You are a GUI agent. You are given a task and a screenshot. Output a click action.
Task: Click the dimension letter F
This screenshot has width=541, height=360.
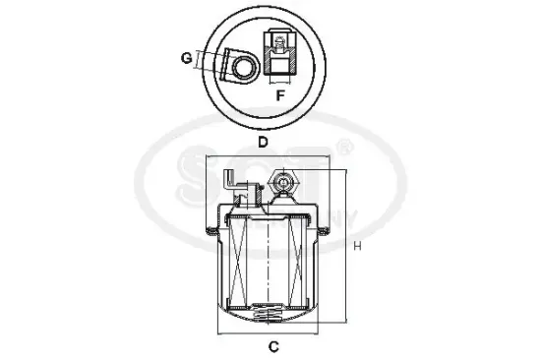tap(280, 95)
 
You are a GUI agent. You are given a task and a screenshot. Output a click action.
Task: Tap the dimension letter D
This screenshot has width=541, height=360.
tap(264, 141)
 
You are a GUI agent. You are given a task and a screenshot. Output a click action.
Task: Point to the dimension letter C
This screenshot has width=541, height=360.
tap(274, 347)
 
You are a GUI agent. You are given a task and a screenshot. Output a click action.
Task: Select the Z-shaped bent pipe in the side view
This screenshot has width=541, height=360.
tap(231, 183)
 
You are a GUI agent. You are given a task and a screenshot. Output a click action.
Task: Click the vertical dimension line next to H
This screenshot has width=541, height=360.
tap(344, 246)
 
